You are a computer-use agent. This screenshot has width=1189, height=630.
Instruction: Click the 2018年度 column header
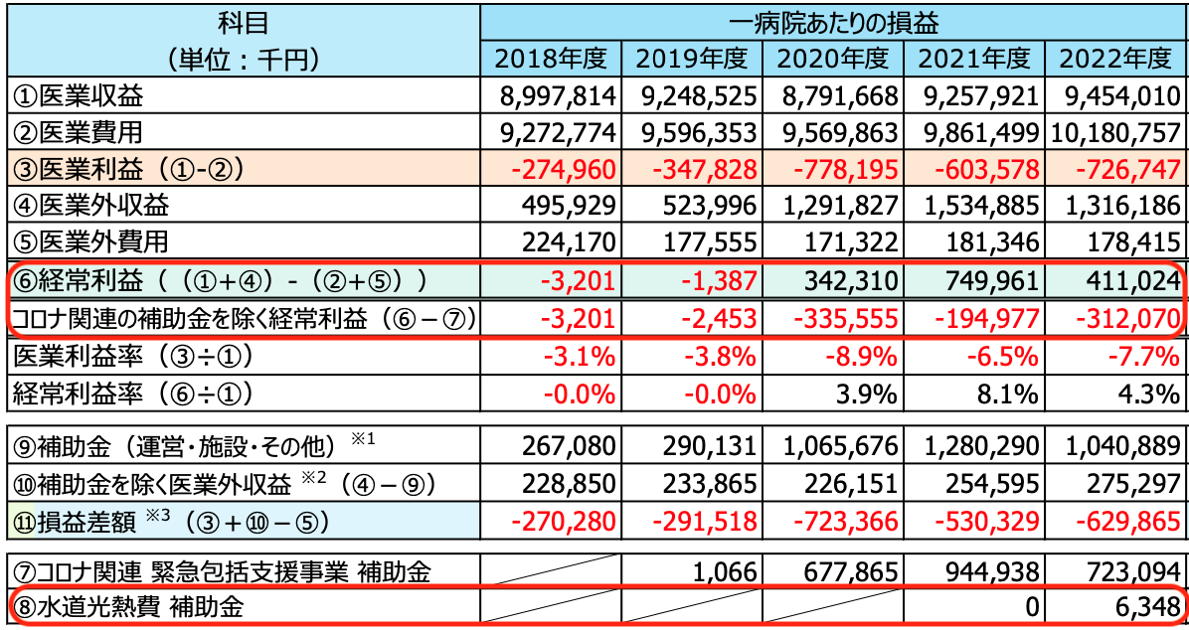pos(550,59)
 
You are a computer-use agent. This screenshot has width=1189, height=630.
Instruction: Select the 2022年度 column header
pos(1116,59)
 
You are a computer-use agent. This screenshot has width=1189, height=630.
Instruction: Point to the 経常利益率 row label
pos(129,393)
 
